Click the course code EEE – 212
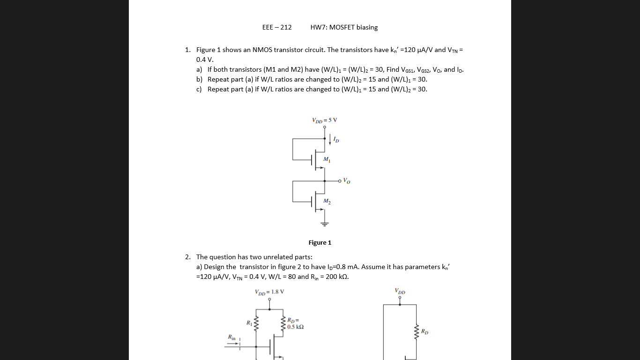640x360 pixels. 277,27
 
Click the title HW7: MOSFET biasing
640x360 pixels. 344,27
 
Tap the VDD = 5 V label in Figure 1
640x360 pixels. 324,120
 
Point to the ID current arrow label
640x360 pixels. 336,140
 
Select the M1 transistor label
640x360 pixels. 327,160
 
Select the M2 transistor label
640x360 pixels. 327,201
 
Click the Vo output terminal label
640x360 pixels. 346,180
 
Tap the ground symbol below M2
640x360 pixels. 324,224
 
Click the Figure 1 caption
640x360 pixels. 320,242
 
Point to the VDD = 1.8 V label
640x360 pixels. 269,292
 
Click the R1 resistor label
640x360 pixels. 249,322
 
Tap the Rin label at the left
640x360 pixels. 231,337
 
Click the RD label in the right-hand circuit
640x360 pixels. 424,332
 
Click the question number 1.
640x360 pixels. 187,50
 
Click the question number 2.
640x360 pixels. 187,257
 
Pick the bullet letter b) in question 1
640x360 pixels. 200,79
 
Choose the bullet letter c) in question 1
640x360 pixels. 199,89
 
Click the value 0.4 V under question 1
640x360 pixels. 204,60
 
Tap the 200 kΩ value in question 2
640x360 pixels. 336,277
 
